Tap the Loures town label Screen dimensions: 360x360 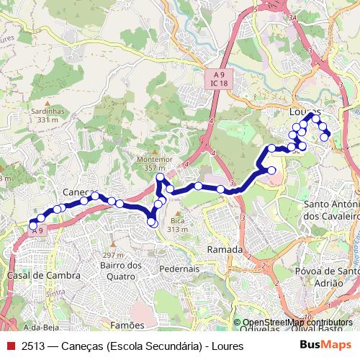pos(303,112)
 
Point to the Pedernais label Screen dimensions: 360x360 pos(179,268)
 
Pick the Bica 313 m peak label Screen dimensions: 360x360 pos(177,225)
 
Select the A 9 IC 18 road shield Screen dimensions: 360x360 pos(220,78)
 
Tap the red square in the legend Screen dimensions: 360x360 pos(10,346)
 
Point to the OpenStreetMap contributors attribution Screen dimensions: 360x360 pos(297,323)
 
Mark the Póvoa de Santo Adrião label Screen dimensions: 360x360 pos(328,276)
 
